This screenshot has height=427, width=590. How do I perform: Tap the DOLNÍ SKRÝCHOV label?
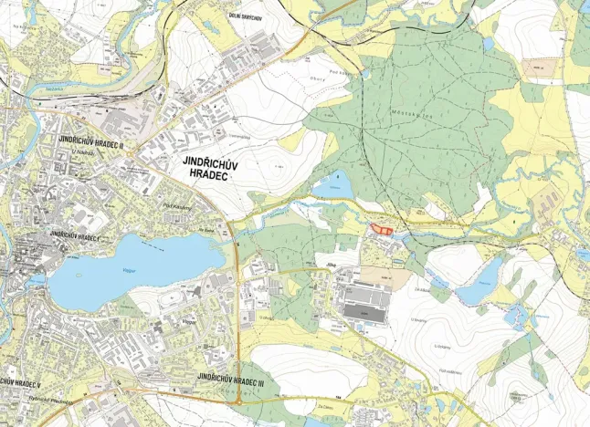point(246,16)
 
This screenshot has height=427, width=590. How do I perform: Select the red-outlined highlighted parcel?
point(383,230)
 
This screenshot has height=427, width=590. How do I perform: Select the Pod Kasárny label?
point(176,207)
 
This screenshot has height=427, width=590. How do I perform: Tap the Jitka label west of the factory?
point(321,269)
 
